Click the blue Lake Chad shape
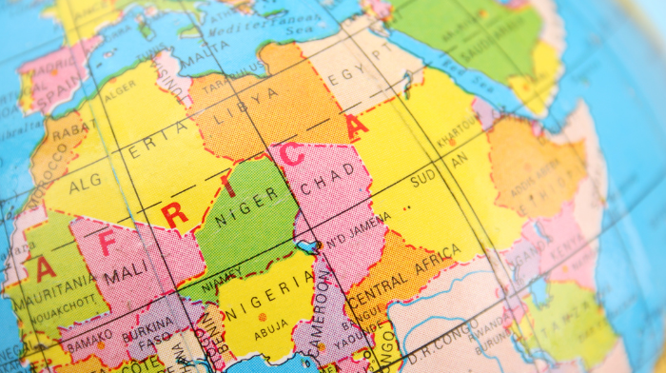tap(307, 246)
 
